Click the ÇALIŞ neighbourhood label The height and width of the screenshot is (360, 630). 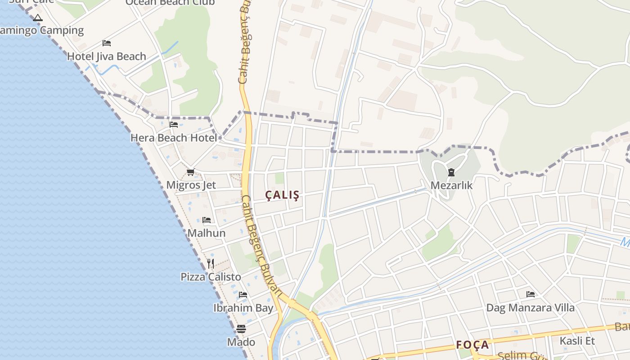coord(282,195)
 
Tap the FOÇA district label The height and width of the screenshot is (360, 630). coord(472,345)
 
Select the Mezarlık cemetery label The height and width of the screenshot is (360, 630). coord(451,185)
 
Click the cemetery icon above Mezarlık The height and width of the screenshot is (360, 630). coord(451,172)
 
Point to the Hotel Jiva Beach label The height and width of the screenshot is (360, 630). coord(107,56)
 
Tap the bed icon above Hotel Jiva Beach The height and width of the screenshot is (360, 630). coord(107,43)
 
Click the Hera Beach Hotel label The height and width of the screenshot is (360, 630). coord(174,138)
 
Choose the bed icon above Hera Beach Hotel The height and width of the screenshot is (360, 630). coord(174,125)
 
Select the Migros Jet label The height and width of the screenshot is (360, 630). coord(191,185)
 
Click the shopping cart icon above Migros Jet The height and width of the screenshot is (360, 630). coord(191,172)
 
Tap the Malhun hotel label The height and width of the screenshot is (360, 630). coord(207,233)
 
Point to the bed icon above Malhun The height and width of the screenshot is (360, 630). coord(207,220)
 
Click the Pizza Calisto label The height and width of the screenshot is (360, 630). coord(211,277)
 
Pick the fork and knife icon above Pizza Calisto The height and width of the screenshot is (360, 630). coord(211,263)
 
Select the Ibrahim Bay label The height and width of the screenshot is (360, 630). coord(243,308)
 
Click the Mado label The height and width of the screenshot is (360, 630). coord(241,342)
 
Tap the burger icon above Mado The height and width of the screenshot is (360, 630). coord(241,329)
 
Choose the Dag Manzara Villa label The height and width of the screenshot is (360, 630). coord(531,308)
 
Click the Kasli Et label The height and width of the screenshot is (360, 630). coord(577,341)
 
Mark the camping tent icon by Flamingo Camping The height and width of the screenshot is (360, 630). coord(38,18)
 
